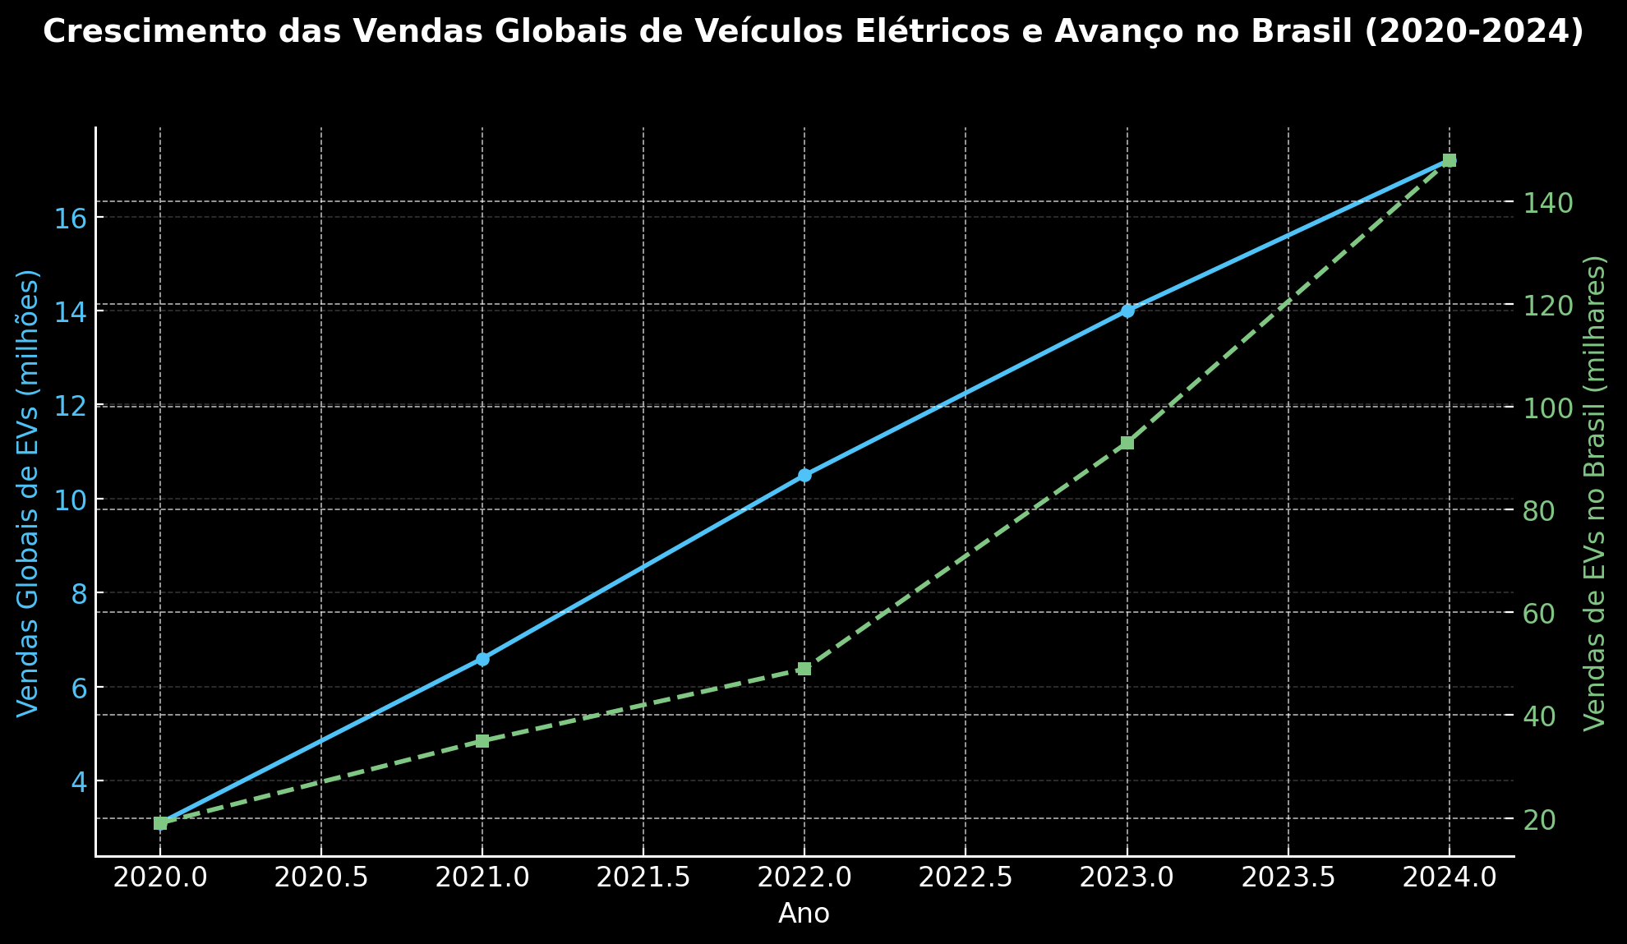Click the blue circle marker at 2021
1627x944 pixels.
click(x=482, y=659)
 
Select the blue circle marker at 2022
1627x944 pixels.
click(x=804, y=475)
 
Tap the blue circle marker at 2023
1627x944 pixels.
click(x=1127, y=311)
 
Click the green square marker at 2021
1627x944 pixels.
click(x=482, y=741)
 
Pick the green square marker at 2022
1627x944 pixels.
click(x=804, y=669)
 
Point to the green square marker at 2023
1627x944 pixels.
click(x=1127, y=443)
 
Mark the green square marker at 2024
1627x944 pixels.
click(x=1450, y=160)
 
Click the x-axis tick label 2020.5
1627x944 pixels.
click(x=320, y=878)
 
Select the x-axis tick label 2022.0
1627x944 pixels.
click(x=804, y=878)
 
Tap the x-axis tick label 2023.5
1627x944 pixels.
click(x=1288, y=878)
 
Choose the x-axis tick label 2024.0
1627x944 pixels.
click(x=1450, y=878)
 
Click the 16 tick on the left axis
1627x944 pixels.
click(x=71, y=218)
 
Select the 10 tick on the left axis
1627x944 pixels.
click(x=71, y=500)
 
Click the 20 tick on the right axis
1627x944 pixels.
click(x=1541, y=820)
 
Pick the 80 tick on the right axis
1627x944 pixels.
click(x=1541, y=511)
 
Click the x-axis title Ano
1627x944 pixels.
click(x=804, y=914)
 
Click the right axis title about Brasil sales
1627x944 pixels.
click(x=1594, y=493)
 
